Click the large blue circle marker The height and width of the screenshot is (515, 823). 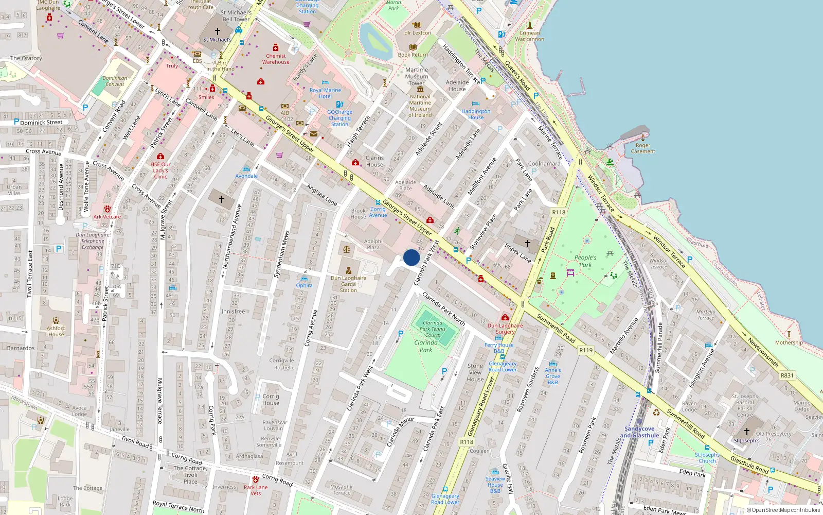pyautogui.click(x=411, y=257)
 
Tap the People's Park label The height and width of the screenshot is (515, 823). pyautogui.click(x=585, y=261)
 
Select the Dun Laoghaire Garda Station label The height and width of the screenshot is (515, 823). pyautogui.click(x=348, y=284)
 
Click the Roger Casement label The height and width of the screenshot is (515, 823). pyautogui.click(x=643, y=148)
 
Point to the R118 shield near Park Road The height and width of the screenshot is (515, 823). pyautogui.click(x=559, y=212)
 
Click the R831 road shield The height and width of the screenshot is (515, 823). pyautogui.click(x=787, y=375)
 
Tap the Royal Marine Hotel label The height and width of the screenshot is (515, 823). pyautogui.click(x=325, y=93)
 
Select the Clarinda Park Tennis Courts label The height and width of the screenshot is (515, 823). pyautogui.click(x=433, y=329)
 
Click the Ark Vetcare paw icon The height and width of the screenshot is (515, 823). pyautogui.click(x=107, y=209)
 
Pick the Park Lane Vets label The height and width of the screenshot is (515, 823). pyautogui.click(x=256, y=490)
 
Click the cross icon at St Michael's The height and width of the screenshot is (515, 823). pyautogui.click(x=218, y=31)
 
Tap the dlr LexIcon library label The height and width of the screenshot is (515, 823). pyautogui.click(x=418, y=33)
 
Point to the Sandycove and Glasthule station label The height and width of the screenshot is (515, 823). pyautogui.click(x=639, y=432)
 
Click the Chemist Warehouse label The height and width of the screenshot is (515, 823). pyautogui.click(x=276, y=59)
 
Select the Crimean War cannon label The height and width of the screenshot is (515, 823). pyautogui.click(x=529, y=36)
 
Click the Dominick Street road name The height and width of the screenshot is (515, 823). pyautogui.click(x=41, y=123)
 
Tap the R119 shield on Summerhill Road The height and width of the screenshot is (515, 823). pyautogui.click(x=586, y=350)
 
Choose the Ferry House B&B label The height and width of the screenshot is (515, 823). pyautogui.click(x=499, y=348)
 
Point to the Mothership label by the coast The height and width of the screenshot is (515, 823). pyautogui.click(x=789, y=342)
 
